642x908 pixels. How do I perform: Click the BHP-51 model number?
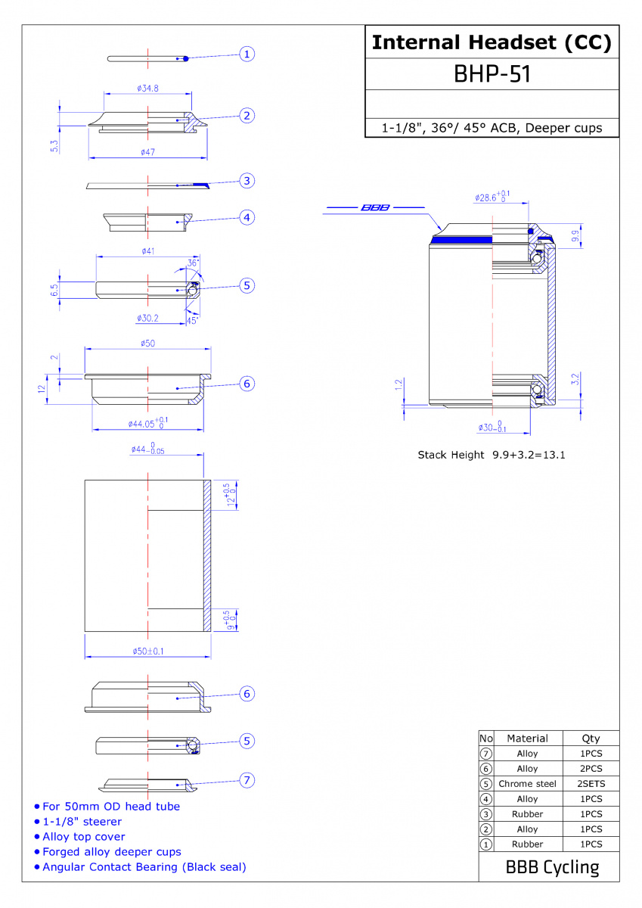point(492,74)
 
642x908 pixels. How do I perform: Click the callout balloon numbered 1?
point(247,54)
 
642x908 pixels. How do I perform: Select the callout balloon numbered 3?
point(247,180)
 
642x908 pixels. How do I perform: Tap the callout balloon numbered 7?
point(247,780)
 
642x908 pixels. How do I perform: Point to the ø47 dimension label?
point(148,152)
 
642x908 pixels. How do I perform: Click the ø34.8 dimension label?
point(148,88)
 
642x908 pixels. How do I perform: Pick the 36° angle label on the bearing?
point(193,263)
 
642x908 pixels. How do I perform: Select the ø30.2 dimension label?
point(148,319)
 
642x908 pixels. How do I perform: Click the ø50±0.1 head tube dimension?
point(148,651)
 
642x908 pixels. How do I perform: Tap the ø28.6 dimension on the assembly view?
point(492,197)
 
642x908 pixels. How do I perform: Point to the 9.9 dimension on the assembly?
point(575,236)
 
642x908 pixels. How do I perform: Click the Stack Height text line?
point(492,455)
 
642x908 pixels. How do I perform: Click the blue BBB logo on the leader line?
point(375,207)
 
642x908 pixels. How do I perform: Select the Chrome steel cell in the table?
point(527,784)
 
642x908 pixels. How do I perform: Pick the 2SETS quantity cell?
point(591,784)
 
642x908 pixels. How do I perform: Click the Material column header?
point(527,739)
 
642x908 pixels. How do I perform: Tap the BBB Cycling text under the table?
point(553,867)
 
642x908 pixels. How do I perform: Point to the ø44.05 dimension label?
point(148,423)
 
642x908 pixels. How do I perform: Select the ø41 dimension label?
point(148,251)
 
